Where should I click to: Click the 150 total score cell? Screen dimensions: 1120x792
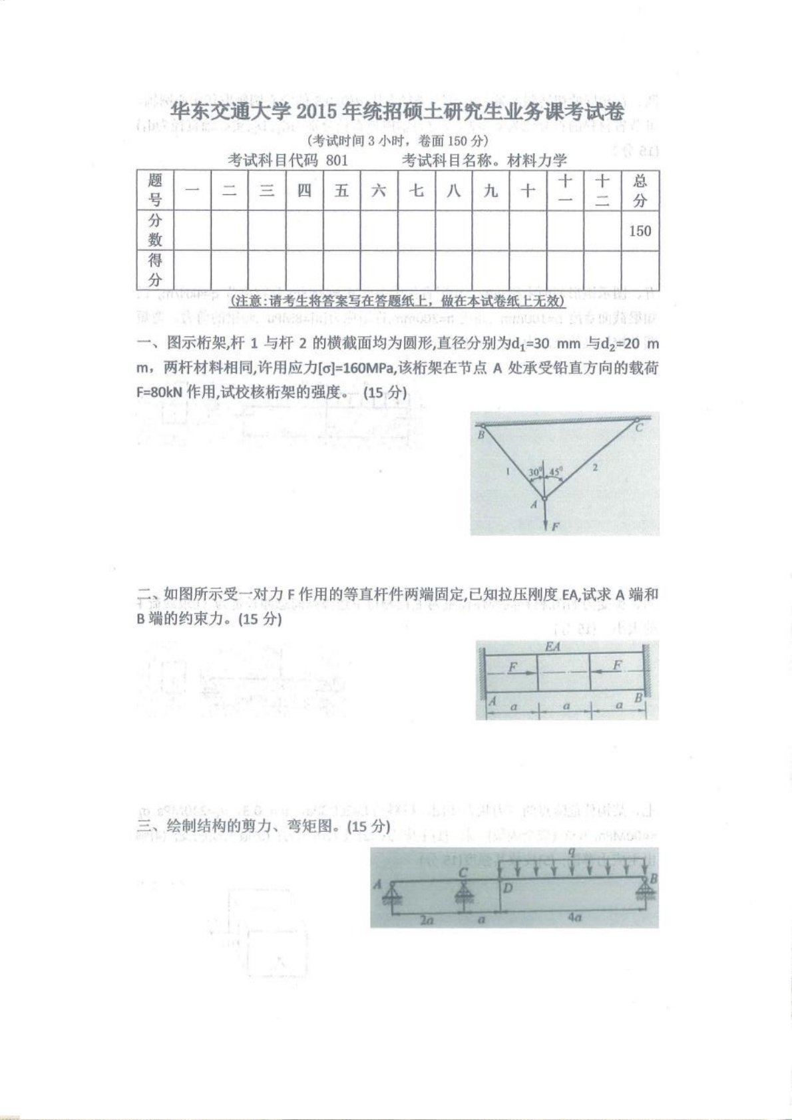tap(640, 231)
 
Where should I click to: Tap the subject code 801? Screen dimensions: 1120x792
tap(337, 160)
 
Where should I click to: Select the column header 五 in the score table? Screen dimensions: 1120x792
tap(341, 191)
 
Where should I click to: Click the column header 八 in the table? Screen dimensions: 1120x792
tap(453, 191)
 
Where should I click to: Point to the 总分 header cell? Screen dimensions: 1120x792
tap(640, 190)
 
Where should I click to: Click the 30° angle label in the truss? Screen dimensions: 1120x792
tap(535, 472)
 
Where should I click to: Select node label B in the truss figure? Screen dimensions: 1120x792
tap(482, 435)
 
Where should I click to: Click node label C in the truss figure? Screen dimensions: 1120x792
tap(638, 427)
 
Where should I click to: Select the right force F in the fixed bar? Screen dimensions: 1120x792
tap(617, 665)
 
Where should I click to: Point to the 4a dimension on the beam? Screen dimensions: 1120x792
tap(576, 917)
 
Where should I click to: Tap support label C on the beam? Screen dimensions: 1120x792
tap(464, 872)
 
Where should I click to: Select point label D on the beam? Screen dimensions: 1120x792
tap(508, 888)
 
